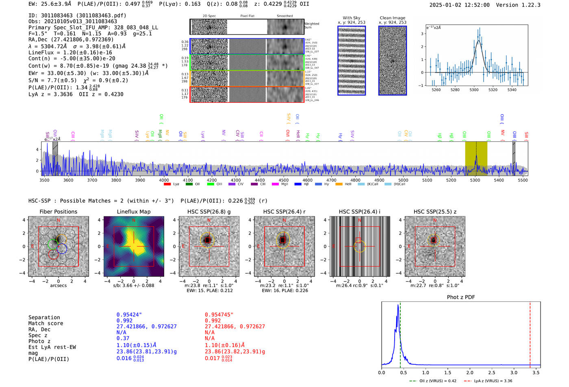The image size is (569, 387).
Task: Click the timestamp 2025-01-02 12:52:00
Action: [459, 5]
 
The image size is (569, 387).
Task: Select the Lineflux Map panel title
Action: [133, 212]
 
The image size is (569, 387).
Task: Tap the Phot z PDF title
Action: [461, 297]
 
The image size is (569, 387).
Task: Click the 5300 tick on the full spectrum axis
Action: [475, 180]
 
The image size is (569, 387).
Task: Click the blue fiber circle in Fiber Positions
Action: [62, 249]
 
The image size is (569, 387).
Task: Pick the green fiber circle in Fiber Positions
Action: [53, 244]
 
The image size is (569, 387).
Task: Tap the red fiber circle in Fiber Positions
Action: [53, 254]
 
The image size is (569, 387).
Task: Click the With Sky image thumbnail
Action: [352, 61]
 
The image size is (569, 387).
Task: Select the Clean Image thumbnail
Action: [393, 61]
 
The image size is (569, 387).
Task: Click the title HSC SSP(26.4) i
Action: [359, 212]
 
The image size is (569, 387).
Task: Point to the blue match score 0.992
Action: [124, 320]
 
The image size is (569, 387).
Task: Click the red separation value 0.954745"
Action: [219, 315]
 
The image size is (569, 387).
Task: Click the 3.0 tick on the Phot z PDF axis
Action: [514, 372]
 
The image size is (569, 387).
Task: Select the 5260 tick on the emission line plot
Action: [436, 90]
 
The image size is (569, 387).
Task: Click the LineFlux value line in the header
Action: [70, 52]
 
